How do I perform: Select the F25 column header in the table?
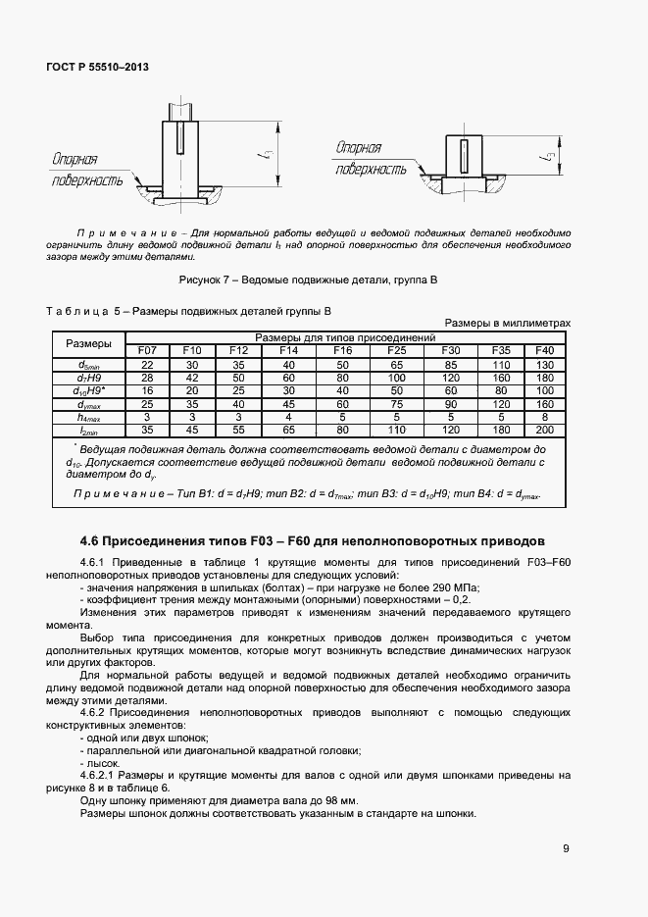(x=396, y=350)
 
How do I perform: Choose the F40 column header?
(x=544, y=350)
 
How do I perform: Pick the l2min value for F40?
(x=544, y=429)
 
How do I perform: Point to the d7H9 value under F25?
(x=396, y=377)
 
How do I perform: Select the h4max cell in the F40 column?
(x=544, y=416)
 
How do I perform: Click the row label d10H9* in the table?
(x=88, y=389)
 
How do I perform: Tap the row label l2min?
(x=88, y=429)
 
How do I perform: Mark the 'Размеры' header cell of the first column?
(x=88, y=343)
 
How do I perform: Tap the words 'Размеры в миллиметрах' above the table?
(x=508, y=323)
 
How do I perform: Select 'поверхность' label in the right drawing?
(x=371, y=169)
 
